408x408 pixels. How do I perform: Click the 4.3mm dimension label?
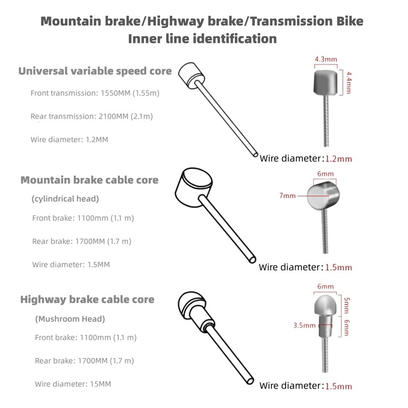pos(326,59)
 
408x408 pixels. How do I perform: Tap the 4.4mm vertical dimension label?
pos(349,83)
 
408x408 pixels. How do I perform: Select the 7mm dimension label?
pos(287,195)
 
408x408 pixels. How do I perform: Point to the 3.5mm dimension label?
pos(304,325)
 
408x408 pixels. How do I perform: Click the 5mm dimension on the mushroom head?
pos(347,305)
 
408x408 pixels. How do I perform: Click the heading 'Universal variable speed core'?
pos(95,71)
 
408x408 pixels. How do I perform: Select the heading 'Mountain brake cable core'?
pos(90,180)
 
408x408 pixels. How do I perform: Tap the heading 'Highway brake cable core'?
pos(87,299)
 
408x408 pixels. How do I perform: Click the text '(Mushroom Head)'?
pos(70,319)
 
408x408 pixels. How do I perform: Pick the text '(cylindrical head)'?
pos(65,199)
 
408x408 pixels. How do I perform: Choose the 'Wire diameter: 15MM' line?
pos(73,384)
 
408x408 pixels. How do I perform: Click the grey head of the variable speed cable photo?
pos(325,83)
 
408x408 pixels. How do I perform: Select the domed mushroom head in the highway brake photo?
pos(325,305)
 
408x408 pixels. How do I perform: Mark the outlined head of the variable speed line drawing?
pos(192,74)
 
